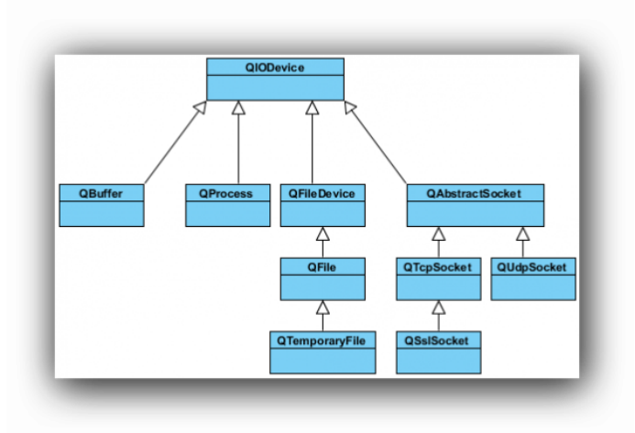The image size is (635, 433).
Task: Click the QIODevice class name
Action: pyautogui.click(x=275, y=67)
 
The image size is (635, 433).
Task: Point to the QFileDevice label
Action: pyautogui.click(x=322, y=193)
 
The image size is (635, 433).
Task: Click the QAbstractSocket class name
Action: pyautogui.click(x=475, y=193)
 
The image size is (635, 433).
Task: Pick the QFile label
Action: pyautogui.click(x=322, y=267)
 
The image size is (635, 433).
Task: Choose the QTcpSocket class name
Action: pyautogui.click(x=438, y=267)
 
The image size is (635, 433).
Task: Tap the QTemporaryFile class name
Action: pyautogui.click(x=322, y=341)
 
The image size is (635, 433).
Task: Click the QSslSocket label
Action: pyautogui.click(x=438, y=341)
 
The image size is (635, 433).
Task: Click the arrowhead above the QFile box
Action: pyautogui.click(x=322, y=234)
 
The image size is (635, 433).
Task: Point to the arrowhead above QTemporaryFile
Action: pyautogui.click(x=322, y=308)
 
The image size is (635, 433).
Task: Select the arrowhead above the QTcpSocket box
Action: pyautogui.click(x=438, y=234)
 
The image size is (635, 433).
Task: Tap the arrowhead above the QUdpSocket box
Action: pyautogui.click(x=523, y=234)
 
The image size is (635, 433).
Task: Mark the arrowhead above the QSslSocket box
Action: pyautogui.click(x=438, y=308)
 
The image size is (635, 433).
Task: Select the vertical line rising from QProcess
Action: pyautogui.click(x=238, y=151)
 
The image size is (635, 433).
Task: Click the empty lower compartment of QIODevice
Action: pyautogui.click(x=275, y=87)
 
